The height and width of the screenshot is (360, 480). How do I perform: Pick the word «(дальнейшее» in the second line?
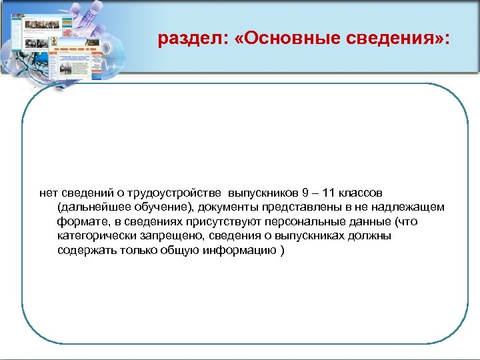90,207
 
